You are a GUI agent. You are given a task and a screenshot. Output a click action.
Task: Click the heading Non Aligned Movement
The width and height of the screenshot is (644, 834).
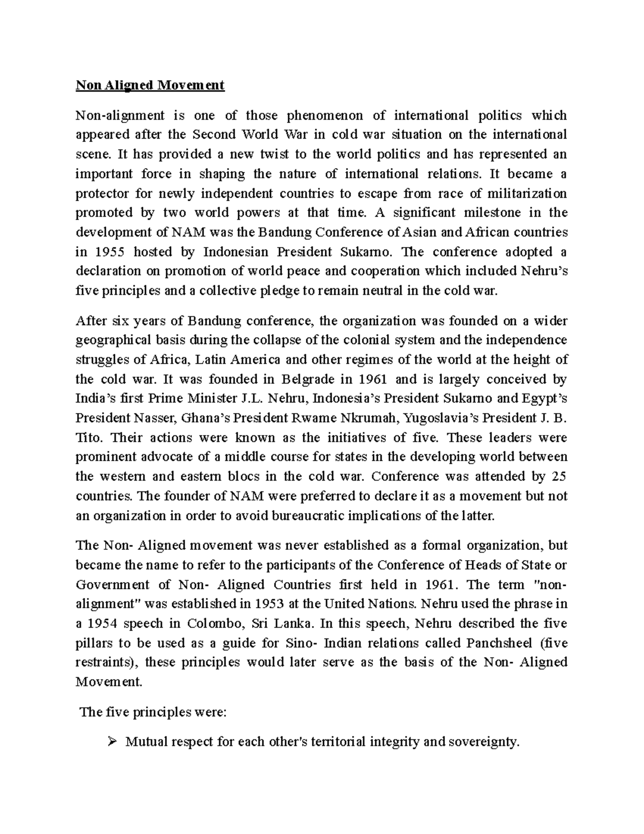coord(150,85)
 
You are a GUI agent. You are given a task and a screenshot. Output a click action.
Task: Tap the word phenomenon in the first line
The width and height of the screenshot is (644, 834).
coord(324,115)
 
